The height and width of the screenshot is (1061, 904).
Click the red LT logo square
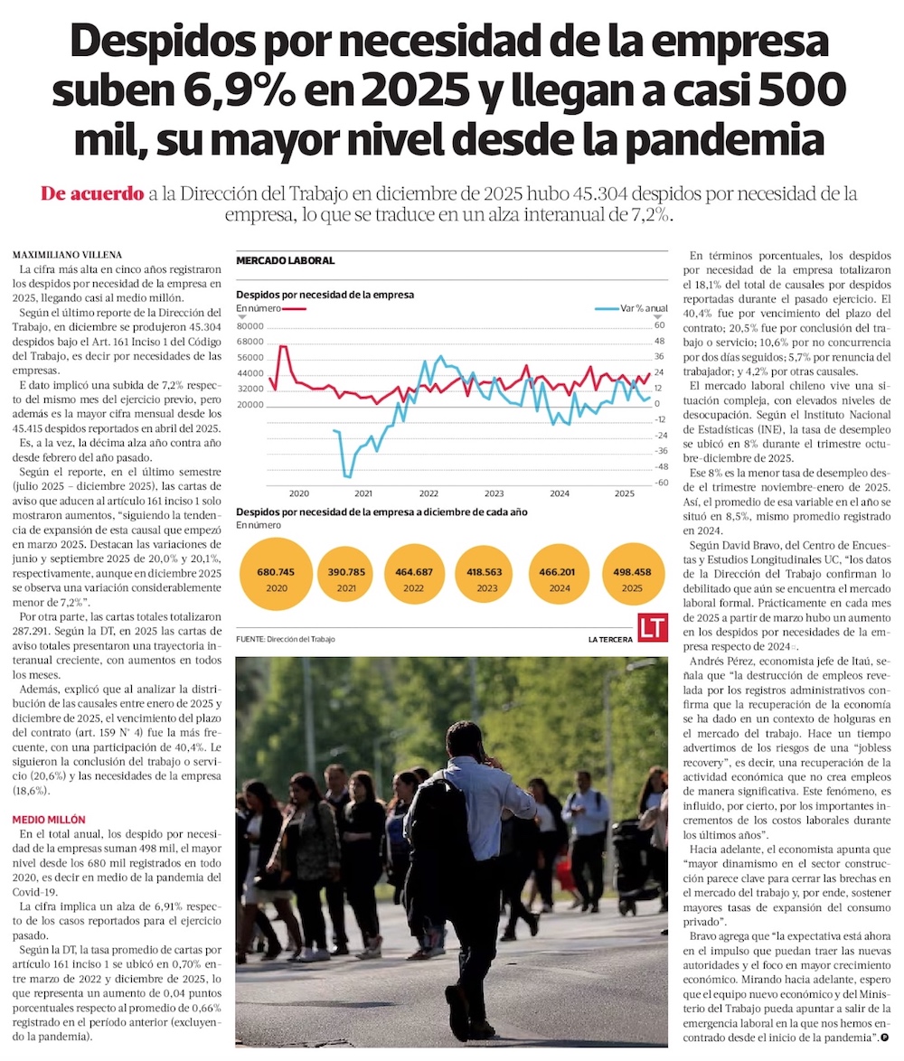pos(652,628)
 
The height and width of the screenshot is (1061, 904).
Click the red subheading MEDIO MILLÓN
pos(49,818)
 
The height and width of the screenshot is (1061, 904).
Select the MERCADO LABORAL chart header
pos(285,261)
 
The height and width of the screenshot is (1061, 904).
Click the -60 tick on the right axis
pos(660,483)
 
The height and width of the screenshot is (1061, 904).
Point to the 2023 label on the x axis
pos(494,493)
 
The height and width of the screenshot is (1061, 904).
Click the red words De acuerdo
pos(92,194)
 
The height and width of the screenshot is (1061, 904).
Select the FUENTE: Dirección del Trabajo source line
pos(285,639)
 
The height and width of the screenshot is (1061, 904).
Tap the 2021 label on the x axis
pos(363,493)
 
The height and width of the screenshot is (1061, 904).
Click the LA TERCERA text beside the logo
pos(608,640)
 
